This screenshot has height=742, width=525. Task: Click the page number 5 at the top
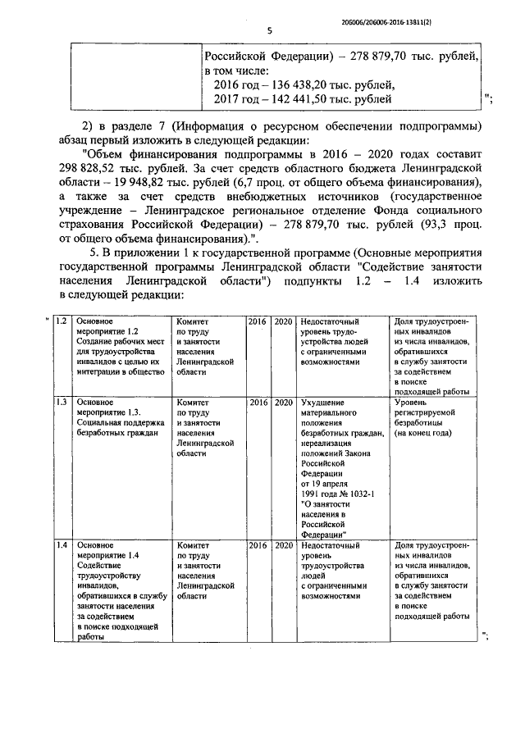270,31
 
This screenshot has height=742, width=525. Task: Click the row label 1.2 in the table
60,321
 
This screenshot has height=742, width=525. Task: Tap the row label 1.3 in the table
60,402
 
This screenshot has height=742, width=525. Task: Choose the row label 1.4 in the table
60,544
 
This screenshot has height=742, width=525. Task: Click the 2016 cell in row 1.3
258,403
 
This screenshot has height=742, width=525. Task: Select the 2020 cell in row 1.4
284,545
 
